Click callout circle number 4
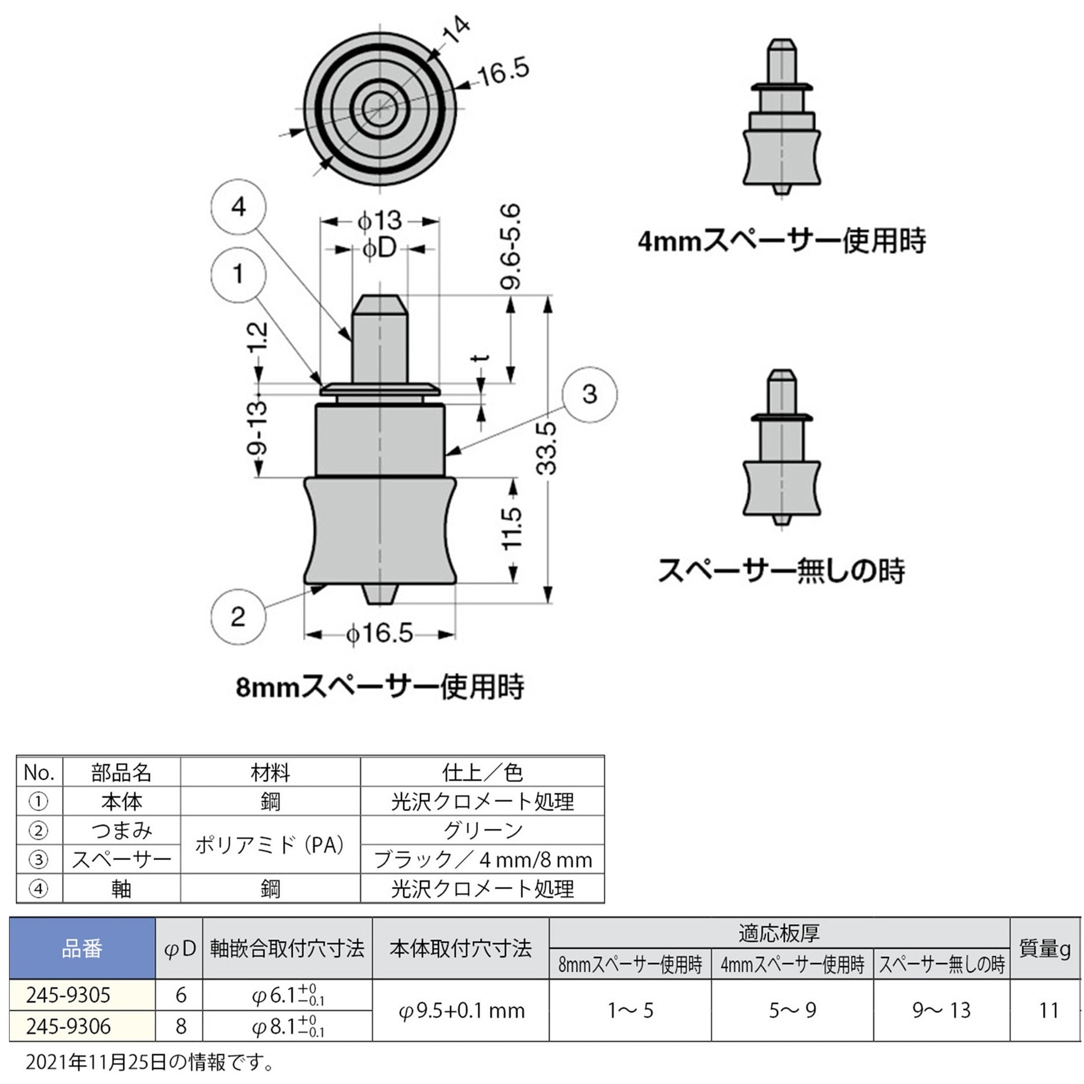(x=238, y=207)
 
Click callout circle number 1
(x=238, y=274)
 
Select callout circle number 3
(x=589, y=394)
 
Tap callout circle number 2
(x=238, y=617)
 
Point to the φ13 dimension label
(x=379, y=221)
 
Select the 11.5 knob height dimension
(x=512, y=529)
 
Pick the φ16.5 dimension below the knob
(x=379, y=633)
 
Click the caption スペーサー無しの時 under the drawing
(x=781, y=570)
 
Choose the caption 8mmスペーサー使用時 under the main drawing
(x=380, y=687)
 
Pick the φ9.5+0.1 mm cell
(x=461, y=1011)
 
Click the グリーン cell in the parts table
(x=482, y=831)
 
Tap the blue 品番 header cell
(x=82, y=949)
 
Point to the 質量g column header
(x=1045, y=949)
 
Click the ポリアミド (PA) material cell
(x=270, y=845)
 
